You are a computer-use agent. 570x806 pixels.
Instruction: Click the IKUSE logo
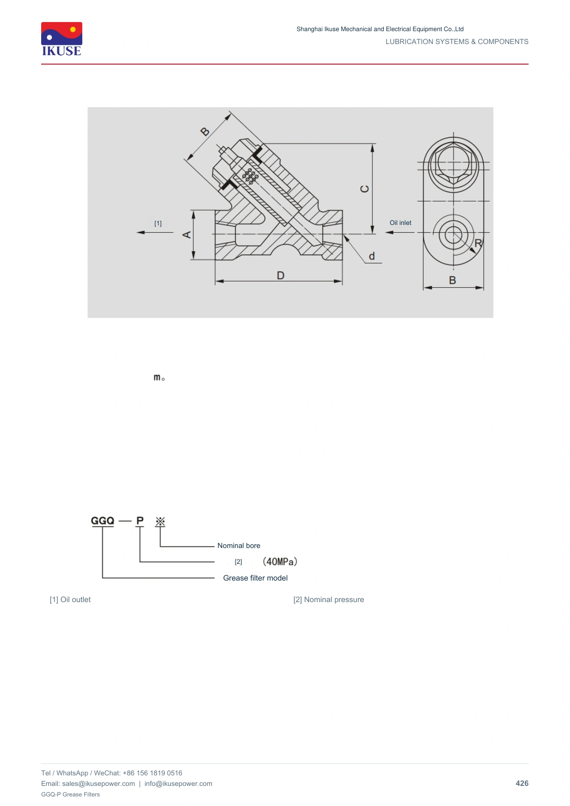click(62, 39)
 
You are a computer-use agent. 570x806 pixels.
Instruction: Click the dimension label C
click(365, 189)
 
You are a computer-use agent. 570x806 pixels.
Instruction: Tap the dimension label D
click(280, 276)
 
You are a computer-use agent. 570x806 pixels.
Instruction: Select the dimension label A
click(187, 235)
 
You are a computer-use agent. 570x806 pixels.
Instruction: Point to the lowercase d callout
click(372, 256)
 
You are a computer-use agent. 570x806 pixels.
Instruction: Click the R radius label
click(478, 243)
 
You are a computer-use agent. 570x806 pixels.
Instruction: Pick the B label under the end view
click(453, 280)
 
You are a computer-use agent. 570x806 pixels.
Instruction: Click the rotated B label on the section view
click(205, 132)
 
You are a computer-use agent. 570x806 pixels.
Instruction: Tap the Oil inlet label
click(400, 223)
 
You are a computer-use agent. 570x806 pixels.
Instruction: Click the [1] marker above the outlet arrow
click(158, 224)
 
